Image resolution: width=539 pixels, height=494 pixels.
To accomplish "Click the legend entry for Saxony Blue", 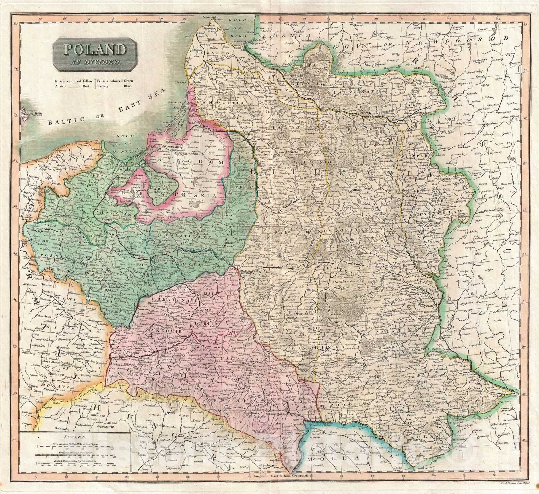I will (116, 86).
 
